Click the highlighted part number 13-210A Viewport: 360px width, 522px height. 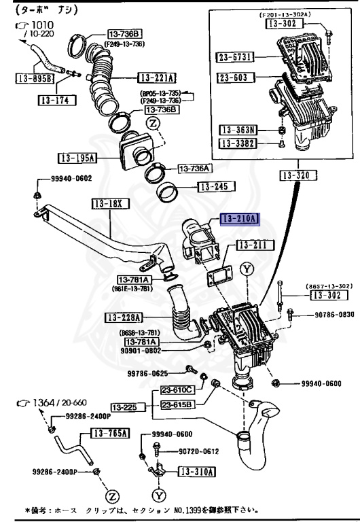click(239, 218)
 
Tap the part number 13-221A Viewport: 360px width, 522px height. click(157, 77)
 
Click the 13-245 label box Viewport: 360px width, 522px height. click(216, 186)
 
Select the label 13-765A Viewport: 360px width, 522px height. click(110, 432)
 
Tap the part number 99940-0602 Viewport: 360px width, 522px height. click(71, 179)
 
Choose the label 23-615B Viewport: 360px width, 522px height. click(177, 404)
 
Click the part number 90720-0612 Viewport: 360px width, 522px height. click(200, 451)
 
